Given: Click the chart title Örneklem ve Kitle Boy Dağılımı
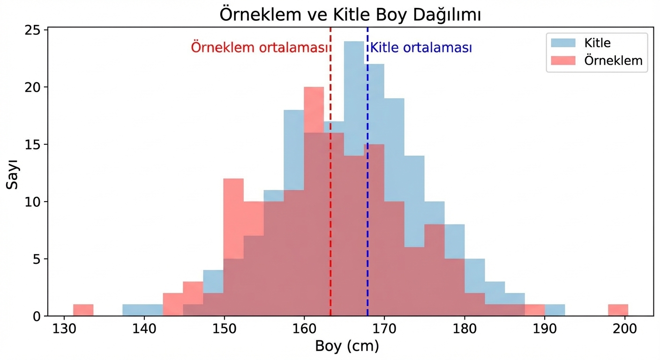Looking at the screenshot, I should click(350, 15).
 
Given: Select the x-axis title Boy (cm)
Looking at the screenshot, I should click(346, 346).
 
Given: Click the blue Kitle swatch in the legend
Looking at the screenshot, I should click(563, 43).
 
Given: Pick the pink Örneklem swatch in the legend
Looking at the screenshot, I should click(563, 60).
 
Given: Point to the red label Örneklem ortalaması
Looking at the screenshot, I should click(259, 48).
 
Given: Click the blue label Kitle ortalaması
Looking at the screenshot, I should click(421, 48).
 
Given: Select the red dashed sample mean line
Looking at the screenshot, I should click(330, 187).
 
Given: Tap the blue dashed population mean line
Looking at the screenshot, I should click(367, 187).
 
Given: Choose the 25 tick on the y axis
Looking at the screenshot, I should click(36, 30).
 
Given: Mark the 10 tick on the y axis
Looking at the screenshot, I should click(36, 202).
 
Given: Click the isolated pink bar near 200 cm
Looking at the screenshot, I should click(618, 310).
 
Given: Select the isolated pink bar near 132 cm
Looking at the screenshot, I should click(83, 310).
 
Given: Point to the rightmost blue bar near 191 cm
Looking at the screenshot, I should click(555, 310).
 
